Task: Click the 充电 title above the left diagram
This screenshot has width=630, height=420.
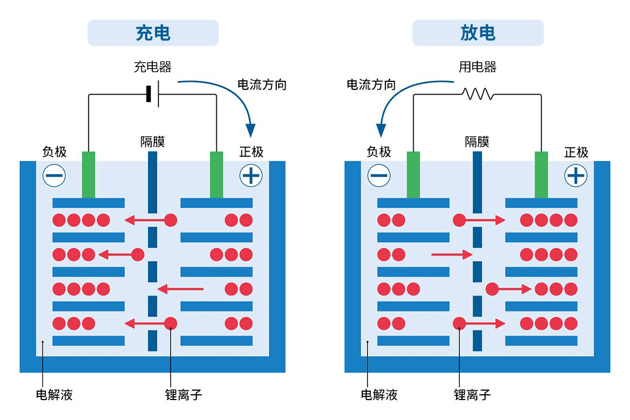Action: pyautogui.click(x=153, y=33)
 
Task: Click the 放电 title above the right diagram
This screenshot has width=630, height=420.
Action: pyautogui.click(x=478, y=33)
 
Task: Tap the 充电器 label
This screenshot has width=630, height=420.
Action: pyautogui.click(x=153, y=67)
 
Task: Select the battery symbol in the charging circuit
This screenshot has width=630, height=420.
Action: pyautogui.click(x=153, y=94)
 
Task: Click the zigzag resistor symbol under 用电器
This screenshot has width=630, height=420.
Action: pyautogui.click(x=477, y=94)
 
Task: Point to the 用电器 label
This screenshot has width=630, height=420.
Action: pyautogui.click(x=478, y=67)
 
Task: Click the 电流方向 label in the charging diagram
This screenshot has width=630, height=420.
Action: pyautogui.click(x=262, y=85)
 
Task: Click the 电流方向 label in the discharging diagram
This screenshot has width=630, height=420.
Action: pyautogui.click(x=371, y=85)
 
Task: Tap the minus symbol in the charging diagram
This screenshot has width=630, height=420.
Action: pyautogui.click(x=54, y=175)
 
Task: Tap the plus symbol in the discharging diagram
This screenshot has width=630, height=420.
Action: pyautogui.click(x=575, y=175)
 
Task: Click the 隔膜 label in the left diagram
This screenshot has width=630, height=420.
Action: pyautogui.click(x=153, y=142)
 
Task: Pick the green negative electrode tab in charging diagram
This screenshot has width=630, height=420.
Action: pyautogui.click(x=88, y=174)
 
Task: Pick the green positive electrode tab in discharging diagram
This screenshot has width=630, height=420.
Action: pyautogui.click(x=541, y=174)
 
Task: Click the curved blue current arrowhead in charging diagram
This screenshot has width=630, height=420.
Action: pyautogui.click(x=251, y=130)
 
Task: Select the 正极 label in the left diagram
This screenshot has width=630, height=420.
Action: pyautogui.click(x=251, y=152)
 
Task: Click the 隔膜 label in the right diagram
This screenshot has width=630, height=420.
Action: pyautogui.click(x=477, y=142)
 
